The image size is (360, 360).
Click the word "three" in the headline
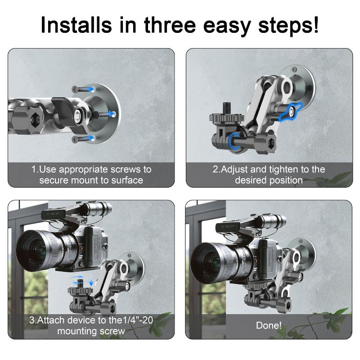click(x=170, y=25)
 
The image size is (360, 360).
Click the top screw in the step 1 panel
click(x=83, y=89)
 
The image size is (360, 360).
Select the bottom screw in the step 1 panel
click(x=83, y=139)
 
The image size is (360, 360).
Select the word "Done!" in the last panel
click(x=269, y=325)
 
